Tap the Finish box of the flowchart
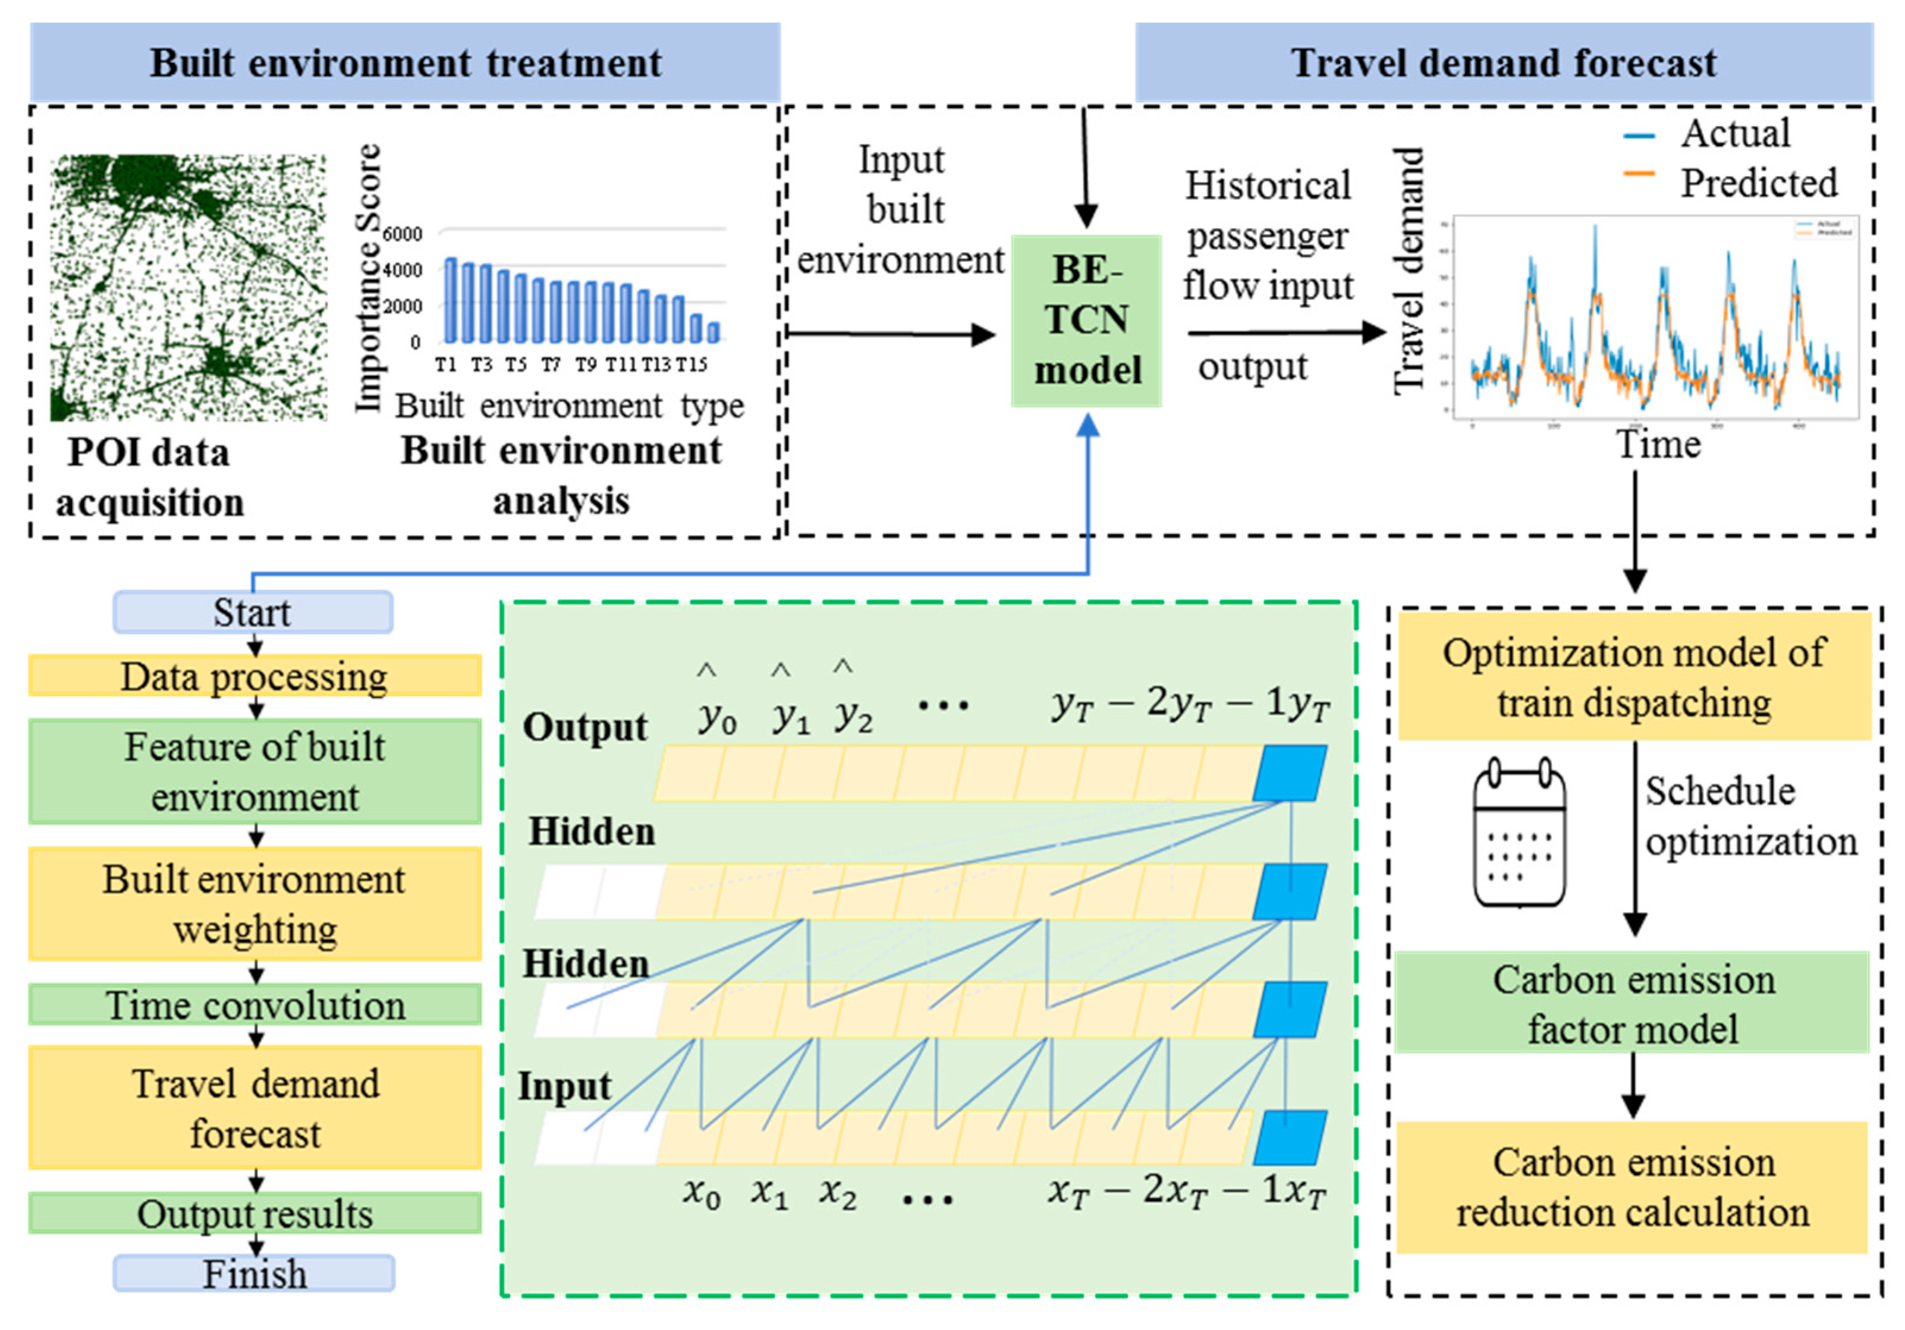pyautogui.click(x=254, y=1274)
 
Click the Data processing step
pyautogui.click(x=254, y=675)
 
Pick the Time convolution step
pyautogui.click(x=254, y=1004)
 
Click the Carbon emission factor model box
pyautogui.click(x=1633, y=1003)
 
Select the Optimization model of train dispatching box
pyautogui.click(x=1633, y=676)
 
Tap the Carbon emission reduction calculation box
pyautogui.click(x=1633, y=1187)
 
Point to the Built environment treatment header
pyautogui.click(x=405, y=63)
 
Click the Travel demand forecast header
pyautogui.click(x=1504, y=63)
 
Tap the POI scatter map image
pyautogui.click(x=188, y=288)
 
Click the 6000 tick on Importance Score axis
pyautogui.click(x=403, y=235)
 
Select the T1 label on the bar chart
pyautogui.click(x=447, y=364)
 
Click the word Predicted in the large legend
pyautogui.click(x=1759, y=183)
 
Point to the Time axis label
pyautogui.click(x=1658, y=445)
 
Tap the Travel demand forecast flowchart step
pyautogui.click(x=254, y=1108)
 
